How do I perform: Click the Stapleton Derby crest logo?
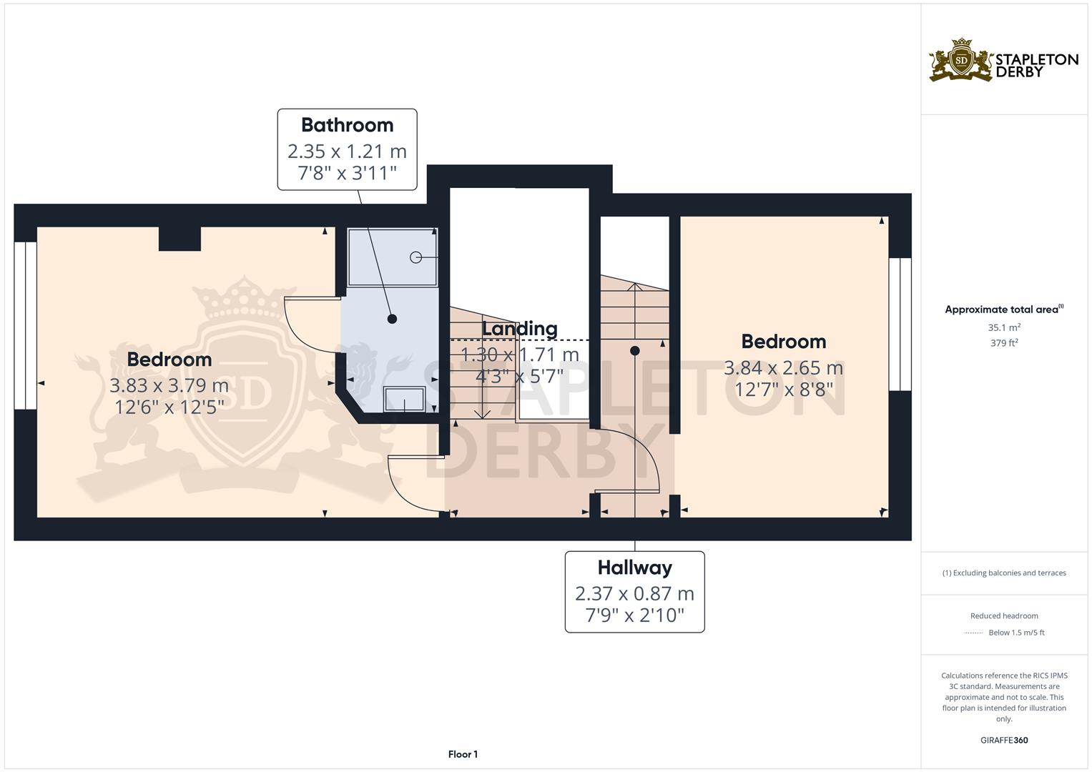[961, 61]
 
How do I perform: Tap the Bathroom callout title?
[347, 125]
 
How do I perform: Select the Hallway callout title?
[635, 568]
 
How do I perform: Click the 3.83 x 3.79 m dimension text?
[169, 385]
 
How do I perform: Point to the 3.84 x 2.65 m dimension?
[783, 368]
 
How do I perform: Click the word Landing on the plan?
[520, 329]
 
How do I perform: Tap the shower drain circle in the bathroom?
[415, 257]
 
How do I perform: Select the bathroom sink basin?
[404, 400]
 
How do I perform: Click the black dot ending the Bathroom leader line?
[392, 320]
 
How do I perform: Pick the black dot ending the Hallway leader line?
[635, 351]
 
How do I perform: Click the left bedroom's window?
[25, 325]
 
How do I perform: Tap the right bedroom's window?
[900, 325]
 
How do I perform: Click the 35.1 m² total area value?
[1004, 327]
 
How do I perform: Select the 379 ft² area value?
[1004, 343]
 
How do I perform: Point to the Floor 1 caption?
[463, 754]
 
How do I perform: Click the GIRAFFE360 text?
[1004, 741]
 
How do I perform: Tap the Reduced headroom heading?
[1004, 616]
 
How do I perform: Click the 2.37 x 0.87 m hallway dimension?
[635, 593]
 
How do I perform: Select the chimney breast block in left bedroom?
[180, 239]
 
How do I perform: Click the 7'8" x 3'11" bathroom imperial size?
[347, 173]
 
